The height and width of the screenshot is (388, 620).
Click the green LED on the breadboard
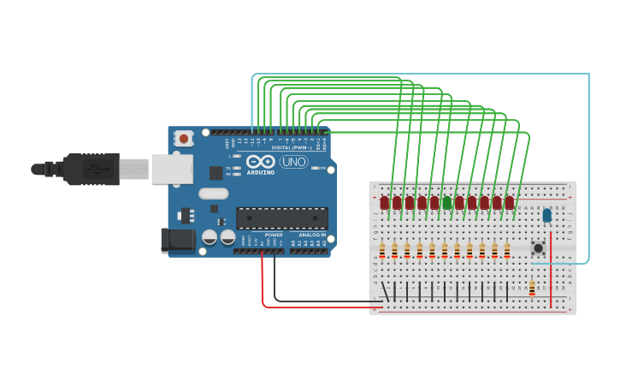[x=446, y=203]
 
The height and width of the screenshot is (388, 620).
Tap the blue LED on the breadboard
[x=546, y=216]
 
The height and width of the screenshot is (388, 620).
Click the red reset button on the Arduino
[x=183, y=138]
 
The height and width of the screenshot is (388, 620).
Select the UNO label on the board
[x=293, y=162]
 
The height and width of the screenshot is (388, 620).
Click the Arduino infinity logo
[x=260, y=161]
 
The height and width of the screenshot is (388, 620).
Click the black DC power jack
[x=178, y=239]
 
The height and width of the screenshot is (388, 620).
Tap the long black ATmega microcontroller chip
[x=281, y=218]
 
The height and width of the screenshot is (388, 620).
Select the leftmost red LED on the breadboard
[x=384, y=203]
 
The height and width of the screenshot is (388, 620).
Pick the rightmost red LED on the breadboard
[x=510, y=203]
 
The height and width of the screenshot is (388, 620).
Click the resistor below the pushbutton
[x=532, y=289]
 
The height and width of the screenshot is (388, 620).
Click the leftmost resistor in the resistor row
[x=382, y=251]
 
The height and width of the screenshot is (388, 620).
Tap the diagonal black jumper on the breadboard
[x=386, y=291]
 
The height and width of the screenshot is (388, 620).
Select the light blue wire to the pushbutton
[x=588, y=171]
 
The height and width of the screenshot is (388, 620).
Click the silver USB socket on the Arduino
[x=172, y=170]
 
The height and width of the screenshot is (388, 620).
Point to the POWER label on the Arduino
[x=274, y=234]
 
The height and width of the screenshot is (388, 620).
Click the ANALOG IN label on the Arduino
[x=312, y=234]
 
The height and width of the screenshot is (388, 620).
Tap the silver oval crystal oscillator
[x=214, y=194]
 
